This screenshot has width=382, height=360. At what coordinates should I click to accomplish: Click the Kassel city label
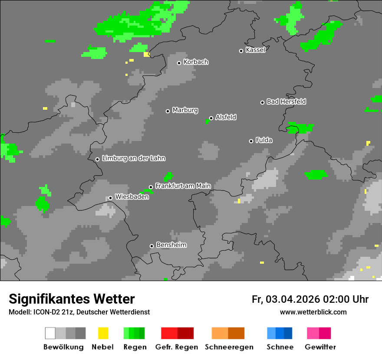pos(255,50)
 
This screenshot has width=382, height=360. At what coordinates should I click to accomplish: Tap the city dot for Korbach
pos(179,63)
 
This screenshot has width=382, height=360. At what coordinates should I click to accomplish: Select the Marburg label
pos(185,110)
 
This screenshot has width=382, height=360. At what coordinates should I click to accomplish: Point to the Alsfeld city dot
pos(211,118)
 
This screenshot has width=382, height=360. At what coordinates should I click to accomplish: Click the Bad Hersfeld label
pos(286,101)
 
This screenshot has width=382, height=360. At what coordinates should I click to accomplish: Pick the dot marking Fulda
pos(251,141)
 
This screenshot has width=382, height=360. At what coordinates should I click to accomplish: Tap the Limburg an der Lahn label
pos(133,158)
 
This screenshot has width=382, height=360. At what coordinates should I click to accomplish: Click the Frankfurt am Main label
pos(183,186)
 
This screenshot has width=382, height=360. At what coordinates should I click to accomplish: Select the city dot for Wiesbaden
pos(110,198)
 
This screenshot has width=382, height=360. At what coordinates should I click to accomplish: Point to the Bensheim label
pos(171,245)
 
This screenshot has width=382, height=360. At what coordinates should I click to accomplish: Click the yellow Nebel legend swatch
pos(103,333)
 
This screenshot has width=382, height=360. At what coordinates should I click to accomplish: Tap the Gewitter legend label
pos(320,347)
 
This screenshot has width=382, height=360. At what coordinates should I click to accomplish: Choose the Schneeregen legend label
pos(228,347)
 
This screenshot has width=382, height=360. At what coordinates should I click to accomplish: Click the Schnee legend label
pos(280,347)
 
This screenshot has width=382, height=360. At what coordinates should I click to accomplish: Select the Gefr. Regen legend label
pos(177,347)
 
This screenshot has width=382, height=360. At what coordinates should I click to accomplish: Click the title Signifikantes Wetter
pos(72,299)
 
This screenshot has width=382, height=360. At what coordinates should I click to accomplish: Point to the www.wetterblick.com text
pos(313,312)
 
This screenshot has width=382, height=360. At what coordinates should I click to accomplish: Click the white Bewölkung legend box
pos(50,333)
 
